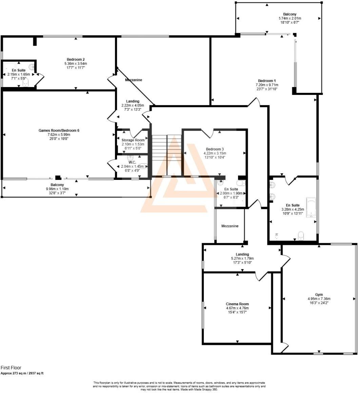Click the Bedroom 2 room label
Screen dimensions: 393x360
click(x=76, y=59)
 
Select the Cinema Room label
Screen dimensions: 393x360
click(x=237, y=304)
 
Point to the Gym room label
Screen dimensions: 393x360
click(x=319, y=294)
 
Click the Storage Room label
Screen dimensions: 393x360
click(x=133, y=140)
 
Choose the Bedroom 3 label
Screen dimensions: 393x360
click(x=215, y=149)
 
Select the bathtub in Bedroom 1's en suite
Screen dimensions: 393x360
click(x=311, y=207)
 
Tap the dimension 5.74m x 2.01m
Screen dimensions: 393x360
click(x=290, y=18)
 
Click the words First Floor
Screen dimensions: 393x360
click(x=11, y=368)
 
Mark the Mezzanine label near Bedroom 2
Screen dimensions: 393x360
click(x=134, y=80)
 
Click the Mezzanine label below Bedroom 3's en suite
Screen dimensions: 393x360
click(x=230, y=226)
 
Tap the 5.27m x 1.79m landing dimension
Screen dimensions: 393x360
click(x=242, y=258)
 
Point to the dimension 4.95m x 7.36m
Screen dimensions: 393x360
click(x=319, y=299)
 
